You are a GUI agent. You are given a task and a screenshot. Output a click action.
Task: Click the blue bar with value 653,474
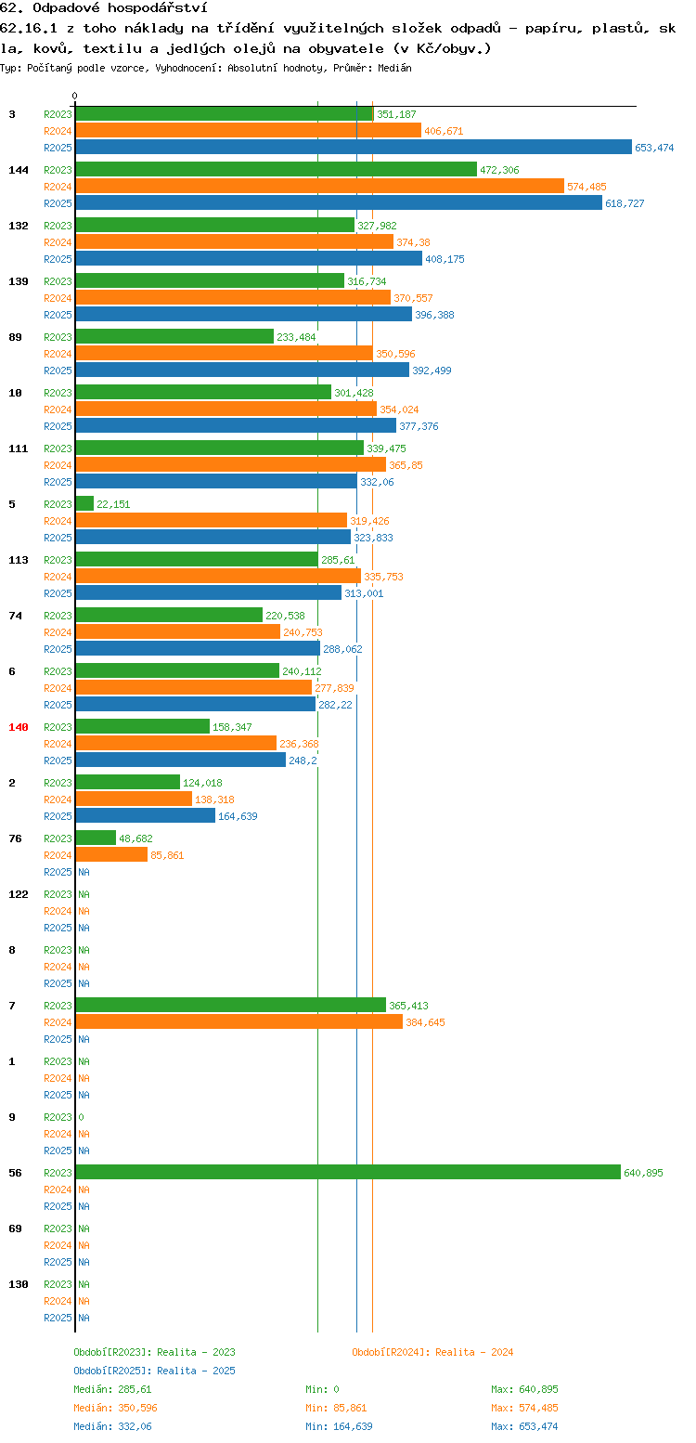pyautogui.click(x=354, y=147)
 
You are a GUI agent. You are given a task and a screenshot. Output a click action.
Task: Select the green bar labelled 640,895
pyautogui.click(x=348, y=1172)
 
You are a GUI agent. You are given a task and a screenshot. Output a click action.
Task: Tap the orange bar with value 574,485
pyautogui.click(x=320, y=186)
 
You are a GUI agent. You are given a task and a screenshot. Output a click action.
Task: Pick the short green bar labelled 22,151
pyautogui.click(x=85, y=503)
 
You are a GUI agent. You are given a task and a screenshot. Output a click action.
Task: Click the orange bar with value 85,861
pyautogui.click(x=112, y=854)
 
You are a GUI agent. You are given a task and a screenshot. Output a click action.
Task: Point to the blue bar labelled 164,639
pyautogui.click(x=146, y=815)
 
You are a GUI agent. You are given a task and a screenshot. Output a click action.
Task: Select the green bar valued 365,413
pyautogui.click(x=231, y=1005)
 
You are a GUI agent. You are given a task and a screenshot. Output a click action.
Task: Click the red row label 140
pyautogui.click(x=18, y=727)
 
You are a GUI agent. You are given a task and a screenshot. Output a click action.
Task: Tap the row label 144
pyautogui.click(x=18, y=169)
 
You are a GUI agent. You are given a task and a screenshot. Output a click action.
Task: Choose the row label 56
pyautogui.click(x=15, y=1173)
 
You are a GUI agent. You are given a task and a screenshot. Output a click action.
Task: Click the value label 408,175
pyautogui.click(x=445, y=259)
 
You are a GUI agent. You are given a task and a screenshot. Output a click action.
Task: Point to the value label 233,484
pyautogui.click(x=296, y=337)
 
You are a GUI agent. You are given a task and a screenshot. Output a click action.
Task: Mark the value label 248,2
pyautogui.click(x=303, y=760)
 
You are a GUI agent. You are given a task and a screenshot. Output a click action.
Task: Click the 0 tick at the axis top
pyautogui.click(x=74, y=96)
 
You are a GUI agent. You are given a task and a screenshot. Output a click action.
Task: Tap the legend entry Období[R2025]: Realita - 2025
pyautogui.click(x=155, y=1371)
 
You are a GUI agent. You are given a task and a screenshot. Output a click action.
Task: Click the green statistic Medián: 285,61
pyautogui.click(x=112, y=1389)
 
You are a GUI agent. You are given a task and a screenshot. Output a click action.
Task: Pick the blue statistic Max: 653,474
pyautogui.click(x=524, y=1426)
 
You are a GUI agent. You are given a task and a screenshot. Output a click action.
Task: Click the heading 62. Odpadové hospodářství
pyautogui.click(x=104, y=7)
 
